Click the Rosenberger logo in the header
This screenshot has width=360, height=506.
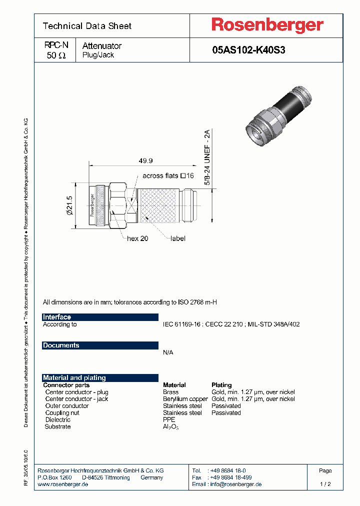(x=267, y=25)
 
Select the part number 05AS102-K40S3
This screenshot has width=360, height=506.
(x=248, y=50)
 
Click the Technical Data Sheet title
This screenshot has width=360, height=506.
(x=87, y=26)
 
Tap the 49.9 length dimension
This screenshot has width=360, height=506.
(x=145, y=160)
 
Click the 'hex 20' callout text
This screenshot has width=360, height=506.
(x=137, y=238)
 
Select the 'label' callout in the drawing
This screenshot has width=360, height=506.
(x=177, y=238)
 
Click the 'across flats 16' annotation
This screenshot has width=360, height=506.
(x=168, y=175)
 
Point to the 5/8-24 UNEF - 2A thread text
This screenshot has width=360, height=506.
(x=207, y=157)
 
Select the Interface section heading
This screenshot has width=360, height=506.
(x=57, y=317)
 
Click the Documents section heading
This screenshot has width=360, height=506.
(x=61, y=345)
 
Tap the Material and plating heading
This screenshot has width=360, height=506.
(x=74, y=378)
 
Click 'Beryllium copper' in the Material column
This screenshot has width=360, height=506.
(x=185, y=399)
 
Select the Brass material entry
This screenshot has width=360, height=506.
(x=170, y=392)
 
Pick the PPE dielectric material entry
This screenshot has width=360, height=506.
(x=169, y=420)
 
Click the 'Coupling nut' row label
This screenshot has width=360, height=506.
(x=62, y=413)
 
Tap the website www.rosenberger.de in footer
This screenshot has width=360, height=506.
(x=63, y=484)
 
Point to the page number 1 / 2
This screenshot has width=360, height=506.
(x=325, y=484)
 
